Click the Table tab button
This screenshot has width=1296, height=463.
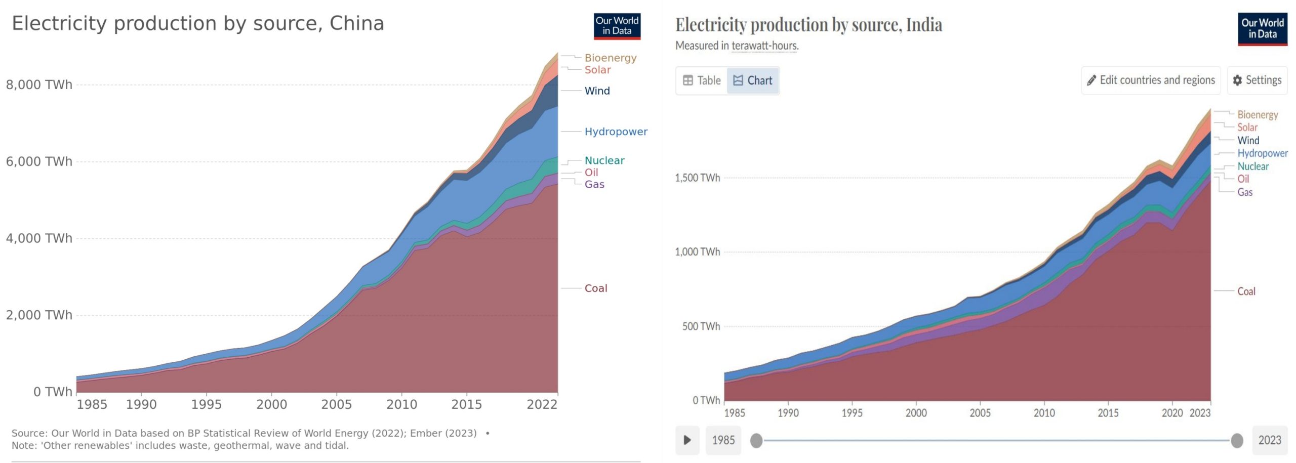point(702,80)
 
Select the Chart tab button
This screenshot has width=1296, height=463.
point(753,80)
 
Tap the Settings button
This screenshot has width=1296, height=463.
point(1257,80)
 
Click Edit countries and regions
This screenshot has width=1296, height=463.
point(1151,80)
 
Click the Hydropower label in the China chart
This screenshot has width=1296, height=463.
point(616,132)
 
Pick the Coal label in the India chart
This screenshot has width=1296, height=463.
point(1246,291)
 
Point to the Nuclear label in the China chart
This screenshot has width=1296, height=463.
point(604,160)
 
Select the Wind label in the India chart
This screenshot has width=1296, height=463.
point(1248,141)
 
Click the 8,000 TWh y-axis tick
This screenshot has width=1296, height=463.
point(39,85)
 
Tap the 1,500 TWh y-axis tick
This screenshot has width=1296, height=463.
point(697,178)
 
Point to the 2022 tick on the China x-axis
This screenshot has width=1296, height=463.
point(542,404)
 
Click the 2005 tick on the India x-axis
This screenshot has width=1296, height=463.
point(980,413)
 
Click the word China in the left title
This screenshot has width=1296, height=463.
point(356,23)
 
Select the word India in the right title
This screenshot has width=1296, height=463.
point(924,25)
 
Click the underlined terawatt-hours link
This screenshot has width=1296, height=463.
point(764,46)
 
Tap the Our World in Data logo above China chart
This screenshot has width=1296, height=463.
point(617,26)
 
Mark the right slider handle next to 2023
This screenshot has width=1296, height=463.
point(1237,441)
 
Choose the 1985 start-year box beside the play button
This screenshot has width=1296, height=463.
point(723,440)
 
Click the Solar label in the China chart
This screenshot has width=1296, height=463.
point(598,70)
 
